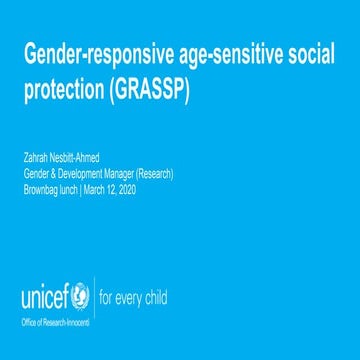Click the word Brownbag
point(41,186)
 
